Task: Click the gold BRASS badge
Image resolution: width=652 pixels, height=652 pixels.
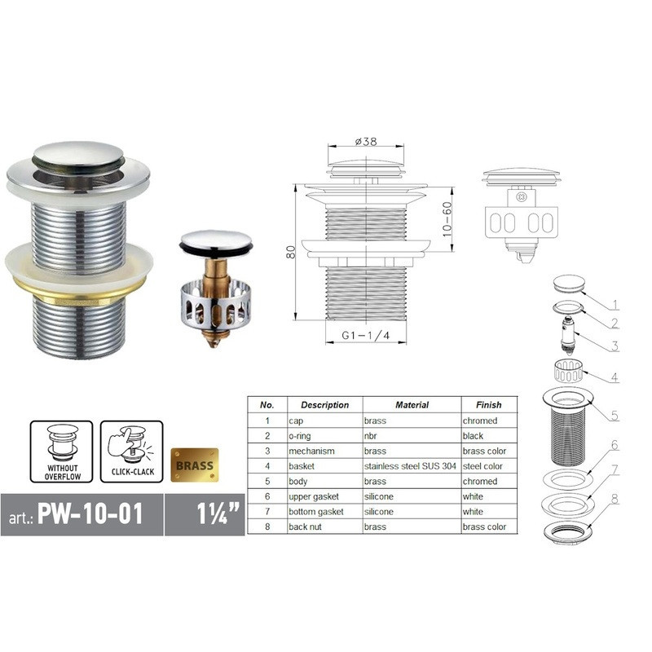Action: pyautogui.click(x=194, y=466)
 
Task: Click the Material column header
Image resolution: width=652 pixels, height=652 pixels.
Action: pyautogui.click(x=412, y=404)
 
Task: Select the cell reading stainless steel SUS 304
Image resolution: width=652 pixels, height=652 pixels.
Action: pyautogui.click(x=412, y=466)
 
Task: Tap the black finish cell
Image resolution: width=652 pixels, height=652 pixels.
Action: pyautogui.click(x=474, y=436)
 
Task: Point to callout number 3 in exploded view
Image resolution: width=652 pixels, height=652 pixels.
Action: pyautogui.click(x=615, y=346)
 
